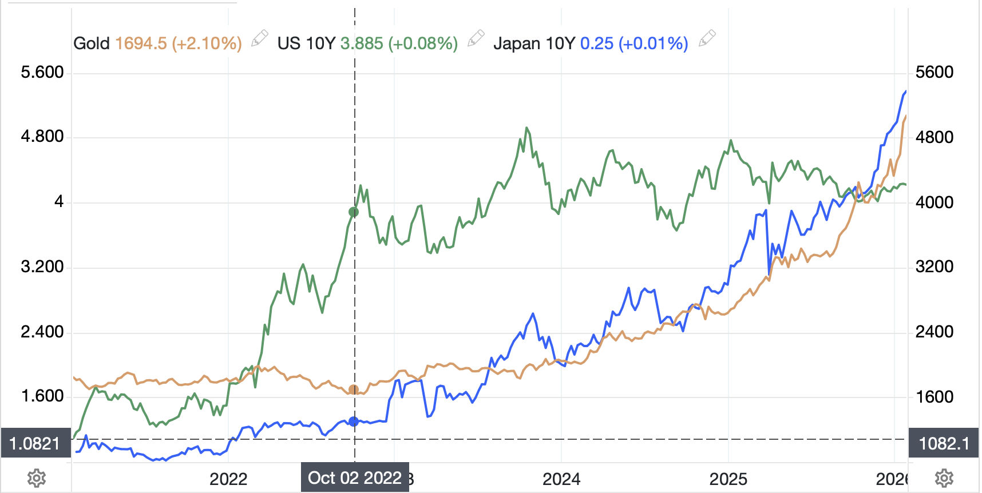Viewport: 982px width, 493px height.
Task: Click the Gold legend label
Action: click(91, 43)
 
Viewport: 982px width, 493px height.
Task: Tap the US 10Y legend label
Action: click(306, 43)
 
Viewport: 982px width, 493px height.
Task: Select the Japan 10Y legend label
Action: click(533, 43)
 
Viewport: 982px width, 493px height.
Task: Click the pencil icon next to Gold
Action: click(260, 38)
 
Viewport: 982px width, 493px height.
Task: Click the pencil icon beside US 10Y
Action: click(476, 38)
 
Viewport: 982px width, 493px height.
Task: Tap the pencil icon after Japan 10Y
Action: click(707, 38)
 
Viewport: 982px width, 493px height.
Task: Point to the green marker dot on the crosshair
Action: click(354, 212)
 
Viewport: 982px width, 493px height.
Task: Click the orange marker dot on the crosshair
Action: click(354, 390)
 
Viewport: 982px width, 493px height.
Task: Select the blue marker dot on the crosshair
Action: click(354, 422)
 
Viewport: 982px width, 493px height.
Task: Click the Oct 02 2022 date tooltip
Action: click(355, 478)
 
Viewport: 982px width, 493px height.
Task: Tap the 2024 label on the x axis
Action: click(561, 479)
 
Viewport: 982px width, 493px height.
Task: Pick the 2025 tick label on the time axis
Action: click(728, 479)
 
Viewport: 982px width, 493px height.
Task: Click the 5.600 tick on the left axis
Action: click(42, 72)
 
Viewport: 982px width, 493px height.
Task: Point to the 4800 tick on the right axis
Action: click(935, 137)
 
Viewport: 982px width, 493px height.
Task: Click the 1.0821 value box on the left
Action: click(35, 443)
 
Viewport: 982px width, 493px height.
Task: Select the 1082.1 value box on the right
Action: click(944, 443)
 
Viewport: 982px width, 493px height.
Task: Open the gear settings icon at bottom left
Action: click(37, 478)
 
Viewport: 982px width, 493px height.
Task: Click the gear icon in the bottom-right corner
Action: click(944, 478)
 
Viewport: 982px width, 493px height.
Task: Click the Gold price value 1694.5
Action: click(141, 43)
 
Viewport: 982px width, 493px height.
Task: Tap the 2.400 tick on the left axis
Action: click(42, 332)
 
